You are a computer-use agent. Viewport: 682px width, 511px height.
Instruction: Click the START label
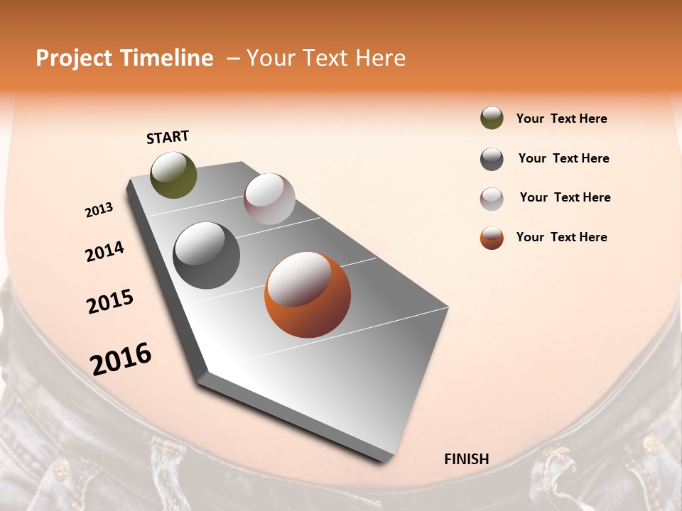pos(168,136)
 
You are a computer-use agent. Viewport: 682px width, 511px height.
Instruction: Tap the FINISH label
pos(466,459)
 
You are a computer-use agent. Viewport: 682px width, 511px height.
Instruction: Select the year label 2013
pos(99,210)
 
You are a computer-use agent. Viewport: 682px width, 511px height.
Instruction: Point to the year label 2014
pos(104,252)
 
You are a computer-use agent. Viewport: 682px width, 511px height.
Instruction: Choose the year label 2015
pos(110,302)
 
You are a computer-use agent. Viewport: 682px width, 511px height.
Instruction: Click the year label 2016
pos(121,359)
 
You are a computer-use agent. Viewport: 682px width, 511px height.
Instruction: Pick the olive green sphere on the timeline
pos(173,175)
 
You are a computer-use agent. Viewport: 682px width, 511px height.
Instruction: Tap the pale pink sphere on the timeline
pos(269,199)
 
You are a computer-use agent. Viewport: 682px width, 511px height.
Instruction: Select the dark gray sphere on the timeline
pos(207,255)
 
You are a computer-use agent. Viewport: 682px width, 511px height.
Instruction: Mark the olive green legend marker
pos(492,119)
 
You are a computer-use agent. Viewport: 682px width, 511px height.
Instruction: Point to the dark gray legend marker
pos(492,159)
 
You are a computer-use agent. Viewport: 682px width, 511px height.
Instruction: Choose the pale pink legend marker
pos(492,199)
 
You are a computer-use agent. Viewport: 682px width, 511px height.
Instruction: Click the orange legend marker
pos(492,238)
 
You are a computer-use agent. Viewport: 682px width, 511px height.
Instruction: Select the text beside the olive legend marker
pos(561,119)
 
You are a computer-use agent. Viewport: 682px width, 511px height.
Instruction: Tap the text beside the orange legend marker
pos(561,237)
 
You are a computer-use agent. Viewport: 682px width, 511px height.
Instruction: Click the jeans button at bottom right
pos(651,444)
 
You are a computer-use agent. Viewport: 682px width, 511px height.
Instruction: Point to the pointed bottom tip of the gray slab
pos(384,459)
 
